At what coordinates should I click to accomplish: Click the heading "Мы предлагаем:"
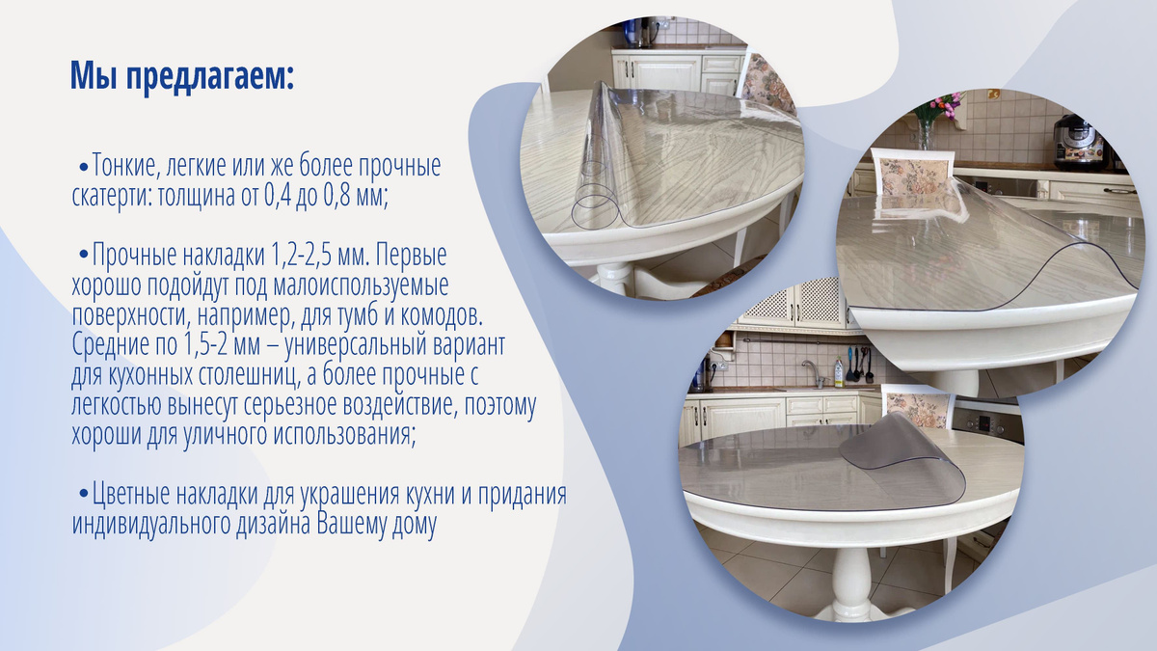click(x=182, y=76)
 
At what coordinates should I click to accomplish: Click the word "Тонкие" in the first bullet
click(x=123, y=165)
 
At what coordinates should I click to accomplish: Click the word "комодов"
click(x=442, y=315)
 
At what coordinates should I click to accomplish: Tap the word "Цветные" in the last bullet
click(x=132, y=495)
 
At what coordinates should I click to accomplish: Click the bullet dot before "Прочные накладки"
click(x=84, y=257)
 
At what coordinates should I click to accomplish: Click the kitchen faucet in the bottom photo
click(x=814, y=373)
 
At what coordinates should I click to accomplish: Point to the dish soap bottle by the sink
click(x=839, y=371)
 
